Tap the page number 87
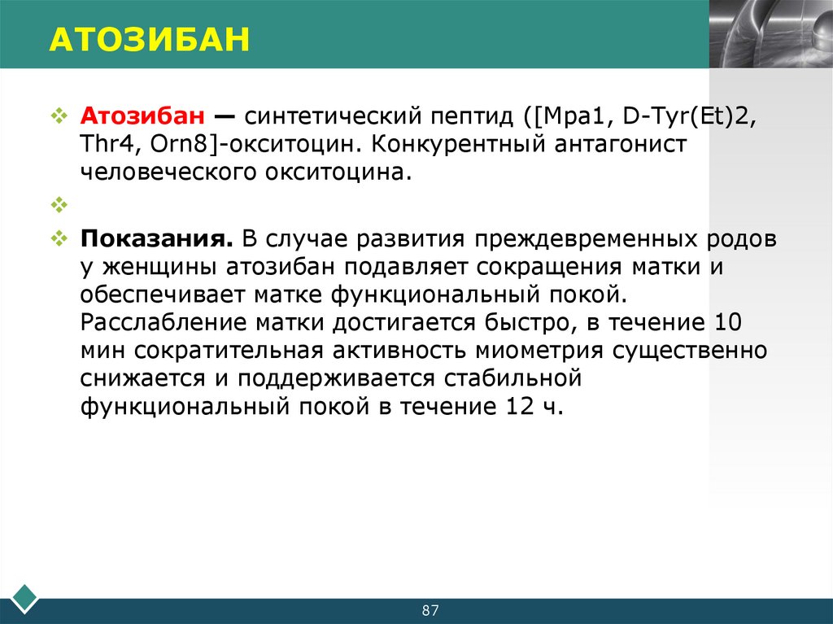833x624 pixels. point(430,610)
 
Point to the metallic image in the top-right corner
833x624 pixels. point(770,33)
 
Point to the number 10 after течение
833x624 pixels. point(727,323)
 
